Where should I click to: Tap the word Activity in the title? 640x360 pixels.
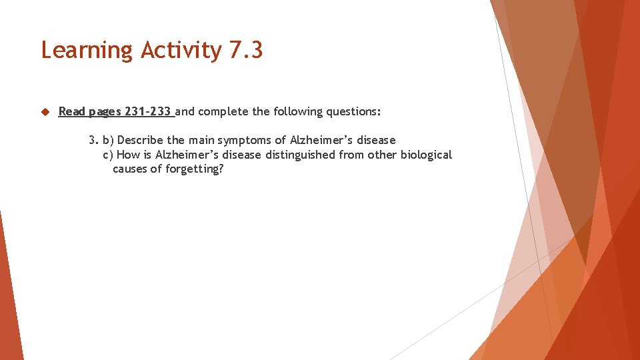coord(181,51)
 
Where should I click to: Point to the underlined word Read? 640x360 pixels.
coord(71,111)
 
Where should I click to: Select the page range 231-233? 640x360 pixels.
coord(148,111)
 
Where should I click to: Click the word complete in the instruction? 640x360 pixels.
coord(223,111)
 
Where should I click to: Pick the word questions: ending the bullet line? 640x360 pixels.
coord(353,111)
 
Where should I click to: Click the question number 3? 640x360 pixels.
coord(93,140)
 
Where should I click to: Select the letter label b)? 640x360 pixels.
coord(108,140)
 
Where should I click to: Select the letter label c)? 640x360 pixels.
coord(108,155)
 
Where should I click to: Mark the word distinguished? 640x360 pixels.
coord(299,155)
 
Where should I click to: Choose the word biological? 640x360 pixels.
coord(426,155)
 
